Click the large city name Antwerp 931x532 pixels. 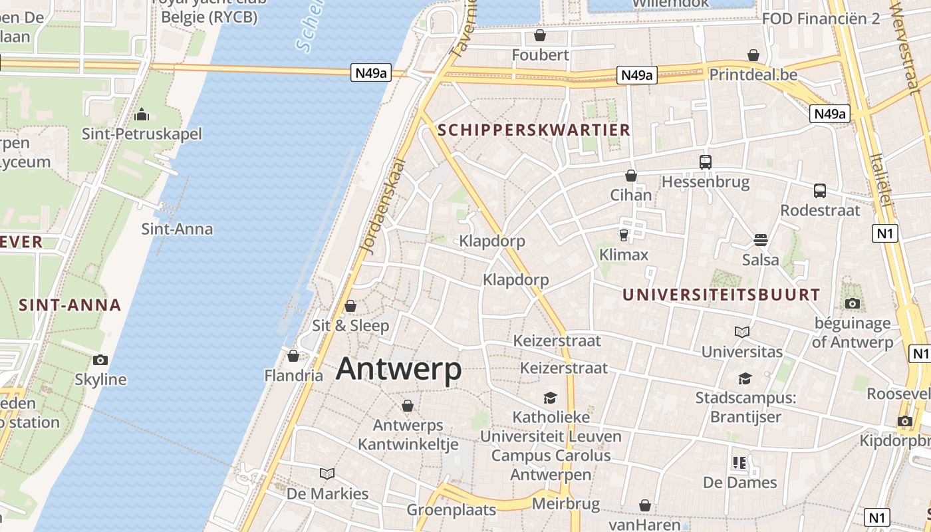pos(398,369)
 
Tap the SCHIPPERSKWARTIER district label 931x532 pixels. pos(535,130)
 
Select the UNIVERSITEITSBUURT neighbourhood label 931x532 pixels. pos(722,295)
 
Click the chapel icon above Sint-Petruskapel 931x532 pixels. pos(141,114)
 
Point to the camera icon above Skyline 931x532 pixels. pos(100,360)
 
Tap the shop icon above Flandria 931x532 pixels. pos(293,356)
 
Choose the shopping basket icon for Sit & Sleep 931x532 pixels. pos(350,306)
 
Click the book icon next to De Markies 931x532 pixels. pos(327,473)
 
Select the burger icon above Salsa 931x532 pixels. pos(761,239)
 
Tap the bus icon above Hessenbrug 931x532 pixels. pos(705,162)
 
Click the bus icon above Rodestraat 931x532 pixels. pos(820,191)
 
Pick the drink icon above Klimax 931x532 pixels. pos(623,235)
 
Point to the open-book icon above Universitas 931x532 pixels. pos(742,331)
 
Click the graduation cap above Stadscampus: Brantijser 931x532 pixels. pos(745,378)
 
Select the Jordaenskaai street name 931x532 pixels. pos(382,206)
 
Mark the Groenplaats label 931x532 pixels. pos(452,510)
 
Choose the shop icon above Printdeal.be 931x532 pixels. pos(753,55)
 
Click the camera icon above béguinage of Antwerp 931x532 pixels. pos(852,304)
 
